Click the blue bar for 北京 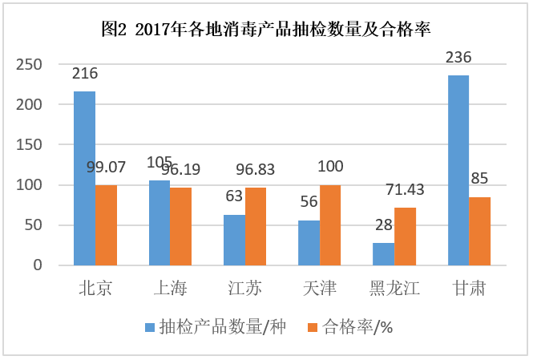pyautogui.click(x=84, y=178)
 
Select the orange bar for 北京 pyautogui.click(x=106, y=225)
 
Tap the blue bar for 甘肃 pyautogui.click(x=458, y=170)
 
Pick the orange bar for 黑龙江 pyautogui.click(x=405, y=237)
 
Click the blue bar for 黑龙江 pyautogui.click(x=383, y=253)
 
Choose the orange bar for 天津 pyautogui.click(x=330, y=225)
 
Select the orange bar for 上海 pyautogui.click(x=180, y=226)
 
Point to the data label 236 pyautogui.click(x=458, y=57)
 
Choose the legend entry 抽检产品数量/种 pyautogui.click(x=213, y=327)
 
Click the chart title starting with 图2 pyautogui.click(x=267, y=30)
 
